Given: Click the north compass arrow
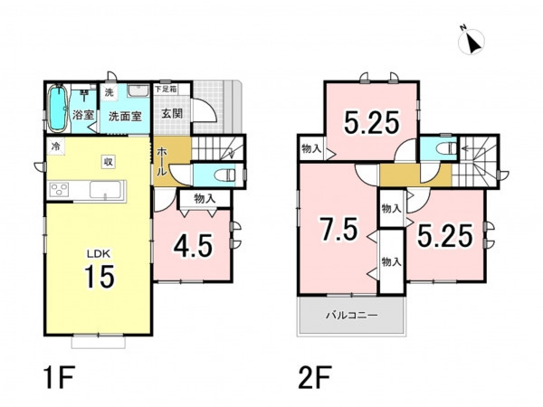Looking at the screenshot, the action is [472, 43].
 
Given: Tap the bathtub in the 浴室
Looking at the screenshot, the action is [57, 109].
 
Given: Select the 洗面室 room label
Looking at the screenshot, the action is [126, 117].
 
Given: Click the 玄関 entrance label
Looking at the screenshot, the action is [172, 113].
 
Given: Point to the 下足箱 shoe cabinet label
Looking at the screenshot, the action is [166, 89].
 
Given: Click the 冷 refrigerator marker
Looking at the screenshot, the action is [55, 146].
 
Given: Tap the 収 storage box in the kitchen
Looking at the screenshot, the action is [109, 162].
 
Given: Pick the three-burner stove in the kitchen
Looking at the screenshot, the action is [59, 190].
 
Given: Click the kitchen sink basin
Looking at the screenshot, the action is [105, 190].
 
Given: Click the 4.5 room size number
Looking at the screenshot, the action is [193, 246].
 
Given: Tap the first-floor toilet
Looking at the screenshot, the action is [225, 175].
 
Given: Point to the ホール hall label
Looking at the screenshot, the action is [162, 162].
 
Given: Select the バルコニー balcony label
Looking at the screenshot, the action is [352, 316].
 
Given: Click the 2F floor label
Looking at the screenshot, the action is [315, 377].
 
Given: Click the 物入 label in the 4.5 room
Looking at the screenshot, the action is [205, 199].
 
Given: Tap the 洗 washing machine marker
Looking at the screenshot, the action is [110, 92].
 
